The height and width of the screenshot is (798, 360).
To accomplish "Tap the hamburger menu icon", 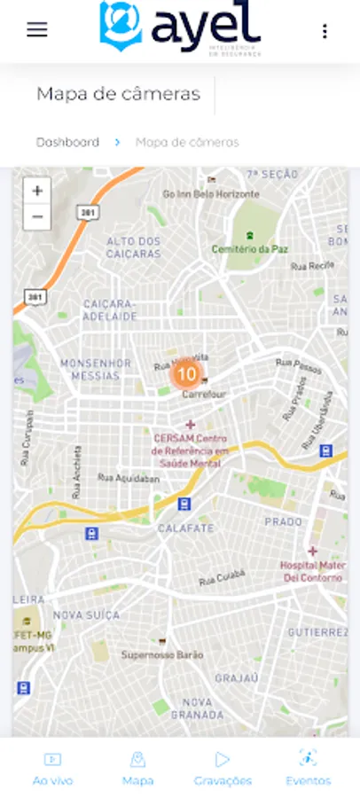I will (x=36, y=29).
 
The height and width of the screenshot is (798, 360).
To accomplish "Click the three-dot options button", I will (x=325, y=31).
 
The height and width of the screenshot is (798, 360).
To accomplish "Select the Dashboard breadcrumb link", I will (x=67, y=142).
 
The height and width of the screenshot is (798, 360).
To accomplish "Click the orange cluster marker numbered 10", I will (x=186, y=374).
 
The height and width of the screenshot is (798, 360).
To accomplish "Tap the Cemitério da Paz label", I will (x=250, y=249).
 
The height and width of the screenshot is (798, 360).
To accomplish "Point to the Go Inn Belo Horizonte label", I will (x=211, y=193).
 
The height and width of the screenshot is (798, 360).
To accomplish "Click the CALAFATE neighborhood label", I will (x=186, y=528).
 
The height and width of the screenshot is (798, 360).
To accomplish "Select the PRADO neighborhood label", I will (x=284, y=521).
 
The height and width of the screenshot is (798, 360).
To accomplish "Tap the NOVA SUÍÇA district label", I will (x=86, y=614).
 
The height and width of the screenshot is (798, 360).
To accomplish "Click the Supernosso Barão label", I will (x=162, y=654).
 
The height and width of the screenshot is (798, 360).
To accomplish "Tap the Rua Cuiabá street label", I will (x=221, y=578).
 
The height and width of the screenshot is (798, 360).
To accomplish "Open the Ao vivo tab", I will (x=52, y=769).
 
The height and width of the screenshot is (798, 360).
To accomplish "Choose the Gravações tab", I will (x=223, y=769).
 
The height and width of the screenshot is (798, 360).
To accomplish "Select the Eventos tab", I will (x=308, y=769).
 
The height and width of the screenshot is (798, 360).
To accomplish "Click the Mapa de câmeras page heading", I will (x=118, y=94).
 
